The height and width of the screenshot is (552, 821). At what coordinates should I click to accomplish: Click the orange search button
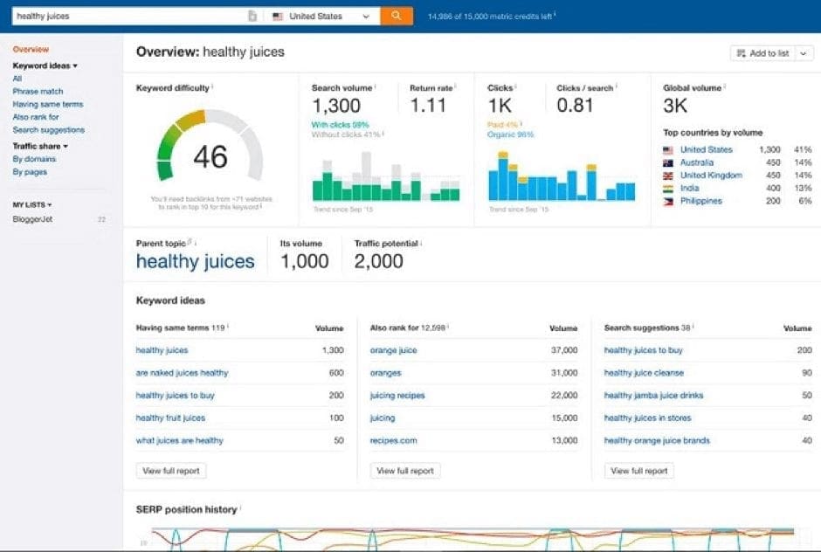pyautogui.click(x=397, y=16)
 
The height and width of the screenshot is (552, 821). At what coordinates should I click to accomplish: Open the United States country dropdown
pyautogui.click(x=321, y=16)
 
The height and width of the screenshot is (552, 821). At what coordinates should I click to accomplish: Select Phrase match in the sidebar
pyautogui.click(x=38, y=92)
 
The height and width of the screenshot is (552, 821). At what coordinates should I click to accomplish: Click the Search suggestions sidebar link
pyautogui.click(x=49, y=130)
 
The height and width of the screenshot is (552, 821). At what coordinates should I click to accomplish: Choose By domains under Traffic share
pyautogui.click(x=34, y=159)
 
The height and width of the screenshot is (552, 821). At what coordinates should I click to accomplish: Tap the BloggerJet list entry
pyautogui.click(x=32, y=219)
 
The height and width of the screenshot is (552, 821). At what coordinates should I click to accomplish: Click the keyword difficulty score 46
pyautogui.click(x=210, y=157)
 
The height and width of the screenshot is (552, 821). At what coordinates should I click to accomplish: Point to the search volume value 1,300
pyautogui.click(x=336, y=106)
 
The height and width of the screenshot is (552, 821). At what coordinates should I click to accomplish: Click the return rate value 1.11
pyautogui.click(x=428, y=106)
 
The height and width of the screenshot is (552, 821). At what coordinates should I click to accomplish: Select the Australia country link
pyautogui.click(x=697, y=162)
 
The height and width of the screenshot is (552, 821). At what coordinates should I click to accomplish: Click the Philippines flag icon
pyautogui.click(x=668, y=201)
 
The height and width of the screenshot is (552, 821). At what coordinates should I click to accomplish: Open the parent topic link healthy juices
pyautogui.click(x=196, y=261)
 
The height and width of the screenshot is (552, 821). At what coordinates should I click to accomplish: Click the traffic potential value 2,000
pyautogui.click(x=379, y=261)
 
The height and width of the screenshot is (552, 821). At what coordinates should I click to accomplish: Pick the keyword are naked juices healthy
pyautogui.click(x=182, y=373)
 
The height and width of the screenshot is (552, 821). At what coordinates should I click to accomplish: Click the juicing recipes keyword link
pyautogui.click(x=397, y=396)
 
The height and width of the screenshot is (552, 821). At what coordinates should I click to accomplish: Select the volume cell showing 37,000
pyautogui.click(x=562, y=350)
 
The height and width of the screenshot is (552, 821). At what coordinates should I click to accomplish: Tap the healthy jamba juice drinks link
pyautogui.click(x=653, y=396)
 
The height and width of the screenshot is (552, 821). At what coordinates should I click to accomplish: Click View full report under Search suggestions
pyautogui.click(x=639, y=471)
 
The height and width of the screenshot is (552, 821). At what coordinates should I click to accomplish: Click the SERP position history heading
pyautogui.click(x=186, y=509)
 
